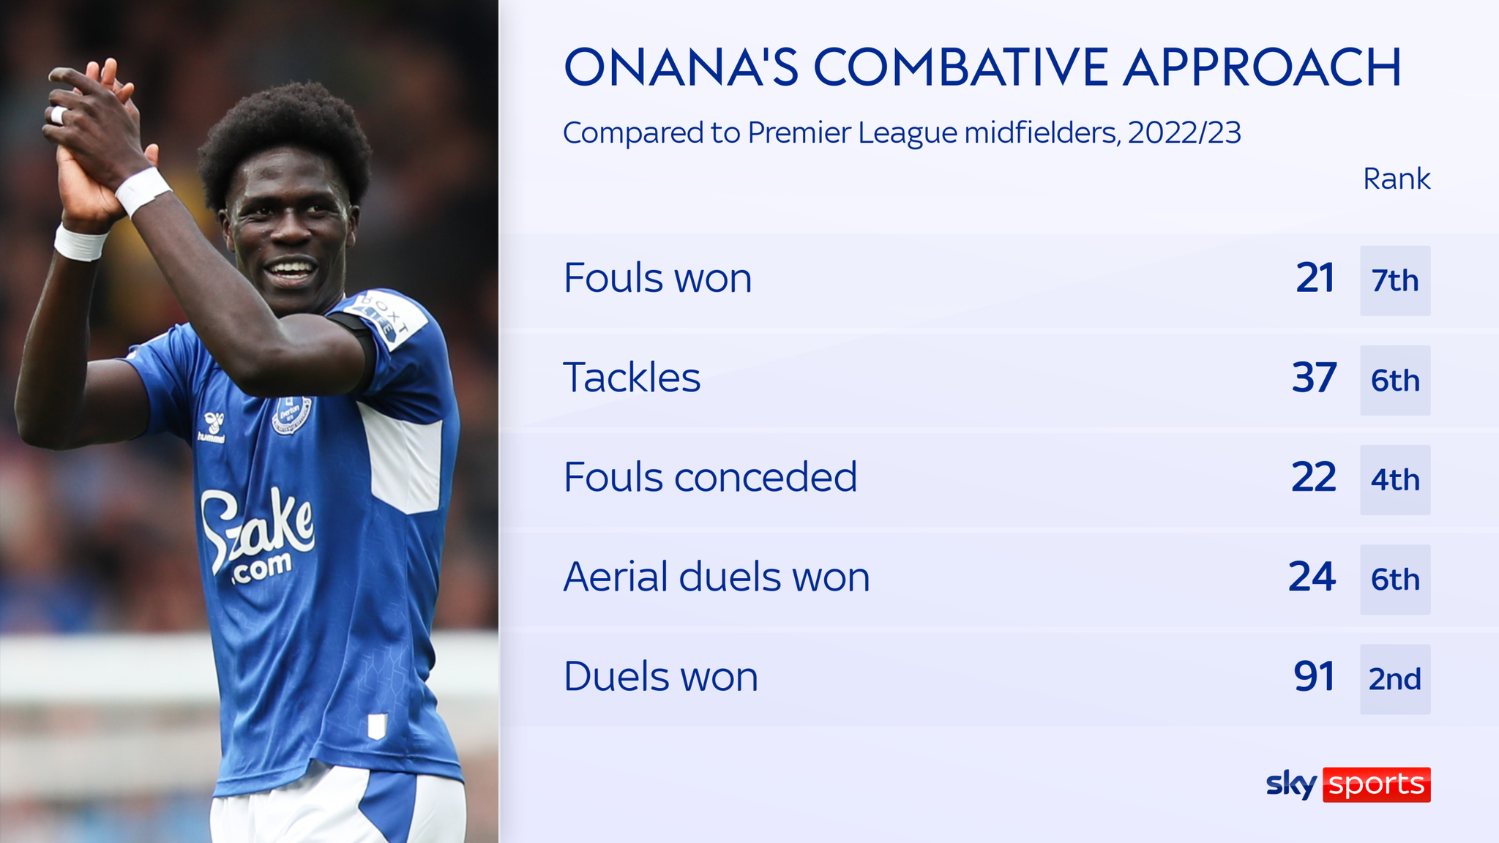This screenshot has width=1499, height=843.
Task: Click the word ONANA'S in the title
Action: tap(681, 67)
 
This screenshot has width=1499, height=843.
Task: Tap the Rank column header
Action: tap(1396, 179)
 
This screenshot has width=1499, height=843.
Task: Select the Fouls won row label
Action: tap(657, 279)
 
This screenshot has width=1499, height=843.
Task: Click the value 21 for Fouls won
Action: tap(1315, 279)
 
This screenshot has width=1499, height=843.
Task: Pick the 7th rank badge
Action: tap(1395, 281)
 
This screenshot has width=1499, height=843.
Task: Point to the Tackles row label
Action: tap(632, 378)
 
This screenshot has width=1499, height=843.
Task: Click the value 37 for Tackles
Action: tap(1314, 378)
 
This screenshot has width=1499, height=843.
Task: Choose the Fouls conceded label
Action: tap(710, 478)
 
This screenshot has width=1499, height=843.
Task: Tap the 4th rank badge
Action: tap(1395, 480)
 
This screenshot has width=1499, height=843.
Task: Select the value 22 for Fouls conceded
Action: tap(1314, 478)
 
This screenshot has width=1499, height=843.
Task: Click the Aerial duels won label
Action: tap(716, 577)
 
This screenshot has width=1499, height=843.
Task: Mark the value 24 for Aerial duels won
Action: tap(1312, 577)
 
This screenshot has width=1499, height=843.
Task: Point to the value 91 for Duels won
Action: tap(1315, 677)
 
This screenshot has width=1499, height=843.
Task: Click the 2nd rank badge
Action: tap(1395, 679)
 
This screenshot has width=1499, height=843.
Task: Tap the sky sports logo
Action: tap(1348, 784)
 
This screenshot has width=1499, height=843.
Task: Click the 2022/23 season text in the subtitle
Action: tap(1184, 133)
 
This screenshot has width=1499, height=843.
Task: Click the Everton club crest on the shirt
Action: tap(291, 415)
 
